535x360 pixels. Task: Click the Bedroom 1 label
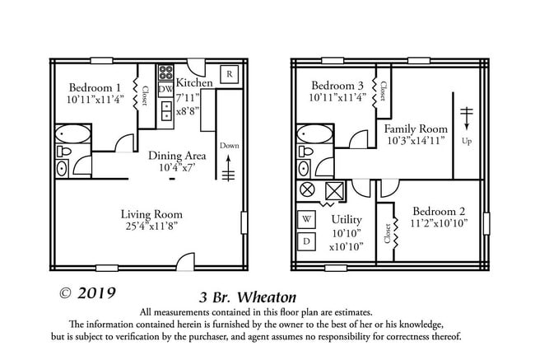95,88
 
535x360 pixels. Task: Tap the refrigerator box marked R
230,75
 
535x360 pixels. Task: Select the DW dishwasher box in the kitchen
165,89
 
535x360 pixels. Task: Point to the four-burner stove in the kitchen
165,72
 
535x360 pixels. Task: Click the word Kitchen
195,83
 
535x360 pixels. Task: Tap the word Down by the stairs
230,146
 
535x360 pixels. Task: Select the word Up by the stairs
467,141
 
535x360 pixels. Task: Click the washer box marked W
306,219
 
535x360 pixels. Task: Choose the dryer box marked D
306,241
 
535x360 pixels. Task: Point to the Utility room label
347,220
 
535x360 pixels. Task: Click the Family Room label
416,129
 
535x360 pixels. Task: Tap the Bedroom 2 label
440,210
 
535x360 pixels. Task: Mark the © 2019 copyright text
87,292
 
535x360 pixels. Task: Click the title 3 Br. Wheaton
247,297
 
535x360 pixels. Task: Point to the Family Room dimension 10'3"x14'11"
416,141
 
